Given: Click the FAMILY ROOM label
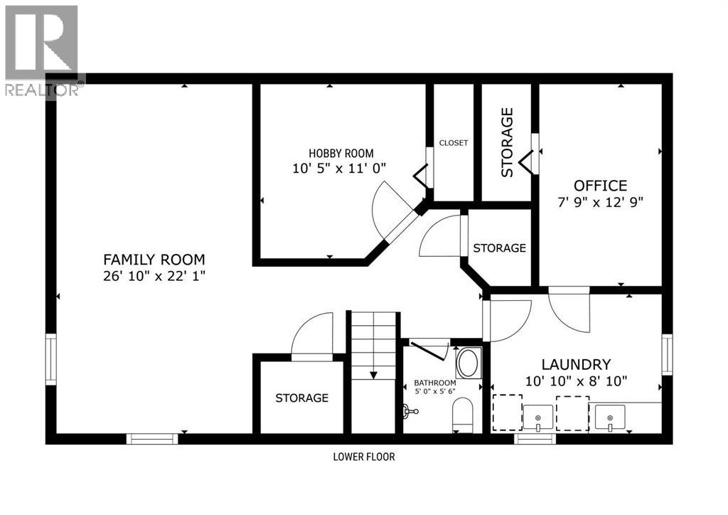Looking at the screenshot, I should (154, 260).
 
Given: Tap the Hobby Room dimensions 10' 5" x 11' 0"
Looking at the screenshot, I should (340, 169).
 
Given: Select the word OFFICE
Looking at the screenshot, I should (601, 186).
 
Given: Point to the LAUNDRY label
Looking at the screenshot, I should (576, 363).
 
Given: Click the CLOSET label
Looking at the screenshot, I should (454, 143).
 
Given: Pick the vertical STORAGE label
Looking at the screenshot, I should (507, 142).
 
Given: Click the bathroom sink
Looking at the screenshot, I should (467, 363).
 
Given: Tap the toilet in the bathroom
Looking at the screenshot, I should (463, 415).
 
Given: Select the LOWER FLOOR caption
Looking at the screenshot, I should (363, 457).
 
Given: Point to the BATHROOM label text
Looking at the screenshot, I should (435, 383).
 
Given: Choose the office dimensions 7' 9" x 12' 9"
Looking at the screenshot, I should (601, 202).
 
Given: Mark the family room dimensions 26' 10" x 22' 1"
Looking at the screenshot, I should (154, 276).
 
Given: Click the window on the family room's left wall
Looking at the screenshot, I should (50, 359).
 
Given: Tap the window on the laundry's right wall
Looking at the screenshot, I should (667, 354).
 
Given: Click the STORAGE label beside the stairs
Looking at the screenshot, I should (301, 398).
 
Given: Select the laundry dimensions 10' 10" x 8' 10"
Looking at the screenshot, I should (576, 381).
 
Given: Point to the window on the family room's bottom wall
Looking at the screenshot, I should (152, 439).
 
